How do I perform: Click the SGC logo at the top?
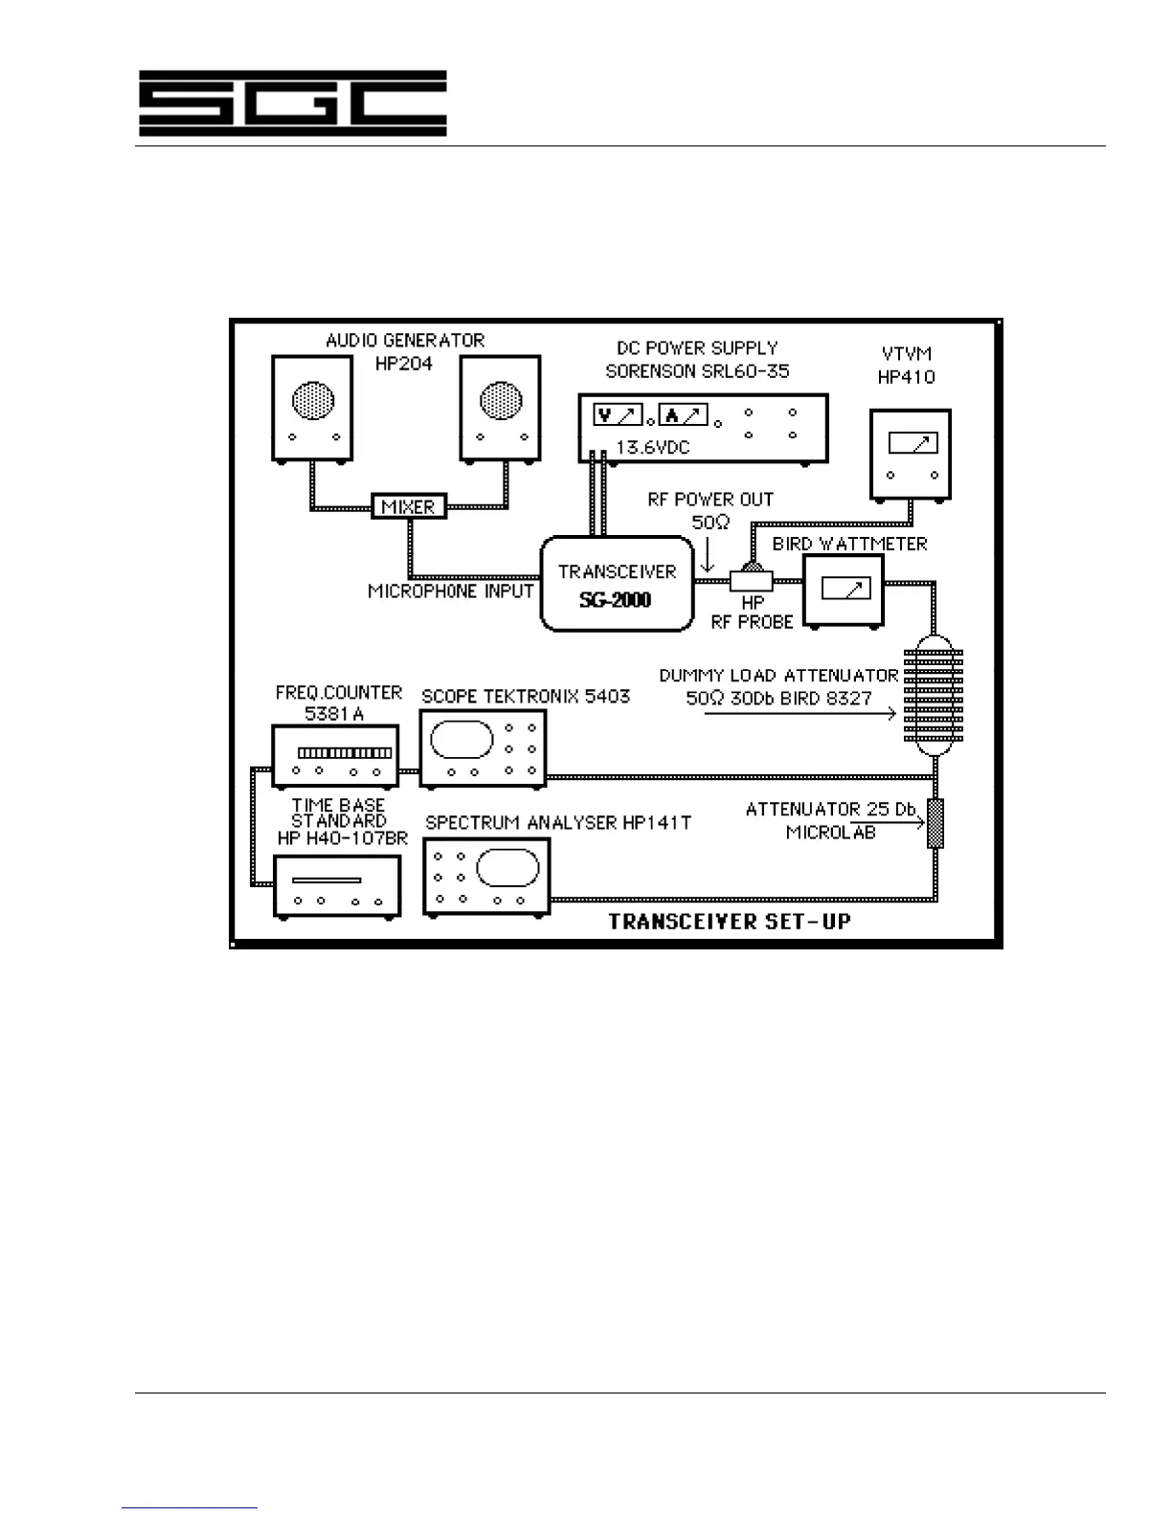292,102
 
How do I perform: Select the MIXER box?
409,506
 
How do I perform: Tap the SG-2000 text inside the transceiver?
615,601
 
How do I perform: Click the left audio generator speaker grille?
313,401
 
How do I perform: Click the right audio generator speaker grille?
500,401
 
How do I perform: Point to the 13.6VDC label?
652,447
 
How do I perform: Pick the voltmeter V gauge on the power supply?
618,415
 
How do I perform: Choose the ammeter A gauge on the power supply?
684,415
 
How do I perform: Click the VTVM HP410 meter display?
912,443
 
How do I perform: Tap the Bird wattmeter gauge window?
845,589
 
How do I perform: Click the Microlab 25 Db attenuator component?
935,823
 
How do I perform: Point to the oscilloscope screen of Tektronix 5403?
462,739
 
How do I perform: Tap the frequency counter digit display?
345,753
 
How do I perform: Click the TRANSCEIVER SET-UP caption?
729,923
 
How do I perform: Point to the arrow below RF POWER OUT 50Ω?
708,554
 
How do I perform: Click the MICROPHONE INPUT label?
450,591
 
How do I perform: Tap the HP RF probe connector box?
750,580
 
